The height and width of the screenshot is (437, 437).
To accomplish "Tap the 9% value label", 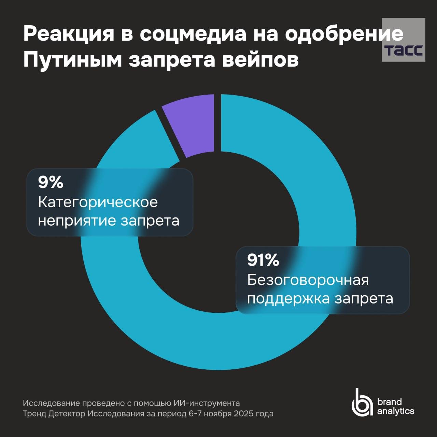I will (51, 182).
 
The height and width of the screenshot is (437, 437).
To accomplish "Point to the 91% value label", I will (263, 260).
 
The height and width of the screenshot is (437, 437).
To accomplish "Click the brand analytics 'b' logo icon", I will (362, 403).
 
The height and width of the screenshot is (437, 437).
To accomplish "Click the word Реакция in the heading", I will (68, 34).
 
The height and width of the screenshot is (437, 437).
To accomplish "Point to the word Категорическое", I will (98, 202).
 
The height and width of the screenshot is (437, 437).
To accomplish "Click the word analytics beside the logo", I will (395, 411).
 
